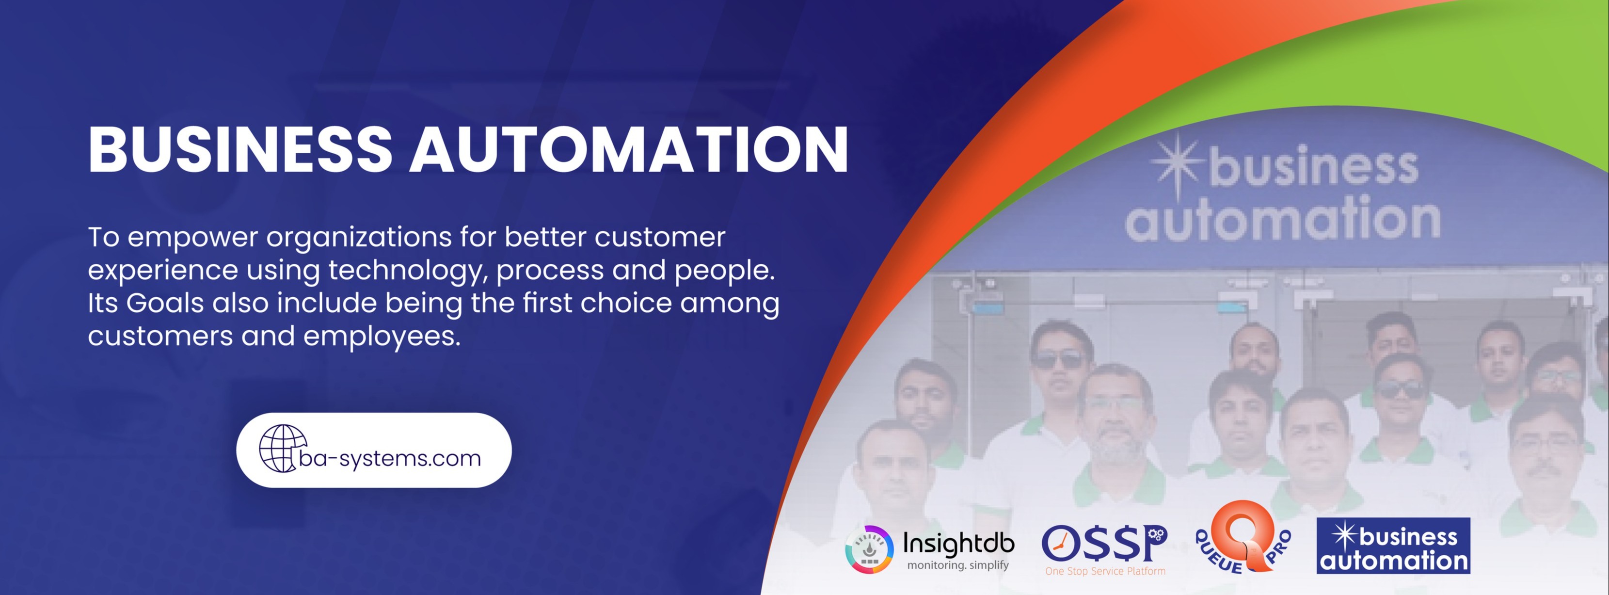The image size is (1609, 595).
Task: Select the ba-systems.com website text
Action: tap(390, 459)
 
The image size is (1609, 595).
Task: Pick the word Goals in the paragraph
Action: tap(165, 303)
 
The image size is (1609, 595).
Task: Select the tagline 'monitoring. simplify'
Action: tap(957, 565)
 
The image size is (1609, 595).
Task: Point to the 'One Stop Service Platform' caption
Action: tap(1105, 571)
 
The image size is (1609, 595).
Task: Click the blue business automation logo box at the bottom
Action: tap(1393, 546)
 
